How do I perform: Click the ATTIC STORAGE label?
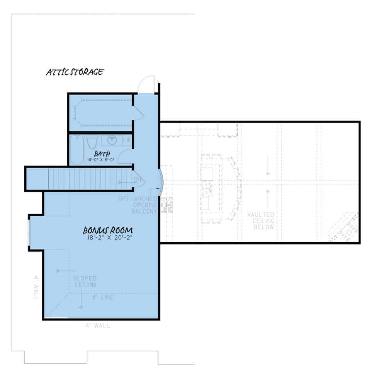(x=75, y=72)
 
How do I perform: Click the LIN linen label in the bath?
(x=127, y=141)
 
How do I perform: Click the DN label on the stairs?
(x=137, y=180)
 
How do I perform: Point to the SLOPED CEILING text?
(x=85, y=281)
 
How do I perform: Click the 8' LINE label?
(x=102, y=297)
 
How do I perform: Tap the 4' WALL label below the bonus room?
(x=98, y=326)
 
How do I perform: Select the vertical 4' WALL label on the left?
(x=36, y=288)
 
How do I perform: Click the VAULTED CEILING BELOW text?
(x=264, y=221)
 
